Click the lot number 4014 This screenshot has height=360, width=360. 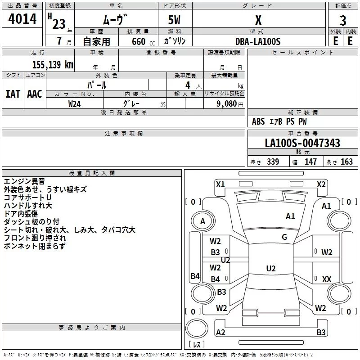click(22, 19)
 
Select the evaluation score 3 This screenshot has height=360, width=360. click(343, 21)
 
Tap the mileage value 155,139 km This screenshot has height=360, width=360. click(53, 64)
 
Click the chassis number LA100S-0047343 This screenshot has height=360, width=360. click(302, 143)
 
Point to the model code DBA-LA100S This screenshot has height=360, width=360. click(258, 41)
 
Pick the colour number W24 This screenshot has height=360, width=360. click(74, 104)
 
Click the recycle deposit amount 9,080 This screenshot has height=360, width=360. click(227, 104)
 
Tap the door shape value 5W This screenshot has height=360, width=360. click(174, 20)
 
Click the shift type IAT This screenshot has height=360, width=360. click(13, 94)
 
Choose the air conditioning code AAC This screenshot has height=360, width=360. click(35, 94)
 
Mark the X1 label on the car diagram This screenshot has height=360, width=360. click(220, 184)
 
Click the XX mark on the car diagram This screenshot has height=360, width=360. click(327, 279)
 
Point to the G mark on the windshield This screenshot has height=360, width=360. click(284, 237)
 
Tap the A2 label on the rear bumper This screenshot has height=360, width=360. click(220, 332)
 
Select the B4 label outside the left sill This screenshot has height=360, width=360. click(195, 276)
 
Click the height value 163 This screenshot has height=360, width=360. click(346, 162)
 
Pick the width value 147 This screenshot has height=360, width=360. click(310, 162)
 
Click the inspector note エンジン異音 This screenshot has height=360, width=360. click(24, 181)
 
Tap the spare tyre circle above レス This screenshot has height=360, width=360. click(197, 328)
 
